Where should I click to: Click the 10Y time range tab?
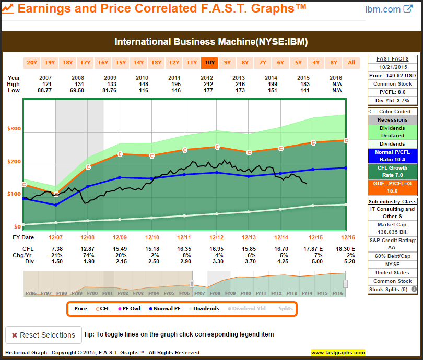209,63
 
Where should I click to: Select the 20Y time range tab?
32,63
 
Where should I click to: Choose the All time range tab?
351,63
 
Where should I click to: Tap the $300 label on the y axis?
14,129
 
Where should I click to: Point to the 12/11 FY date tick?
184,238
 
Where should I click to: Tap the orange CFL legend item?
102,308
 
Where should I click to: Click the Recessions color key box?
392,120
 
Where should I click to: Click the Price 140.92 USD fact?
392,75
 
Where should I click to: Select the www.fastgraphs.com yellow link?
338,353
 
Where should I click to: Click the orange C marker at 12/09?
120,154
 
